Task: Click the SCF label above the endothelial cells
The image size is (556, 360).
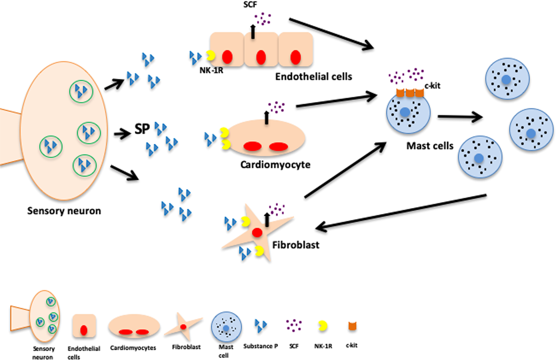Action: point(250,5)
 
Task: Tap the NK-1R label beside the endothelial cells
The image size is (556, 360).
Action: point(211,70)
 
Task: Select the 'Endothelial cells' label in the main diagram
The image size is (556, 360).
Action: point(313,77)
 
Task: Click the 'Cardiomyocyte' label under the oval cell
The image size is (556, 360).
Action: point(275,165)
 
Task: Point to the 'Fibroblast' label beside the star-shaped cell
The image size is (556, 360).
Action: point(296,245)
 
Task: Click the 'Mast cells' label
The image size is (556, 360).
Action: point(430,146)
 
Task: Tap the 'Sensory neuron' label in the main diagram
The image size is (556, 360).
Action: point(64,211)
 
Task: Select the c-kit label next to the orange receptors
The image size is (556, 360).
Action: point(432,86)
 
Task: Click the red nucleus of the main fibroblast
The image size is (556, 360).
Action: point(257,233)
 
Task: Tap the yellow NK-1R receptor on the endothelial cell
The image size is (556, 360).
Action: point(211,55)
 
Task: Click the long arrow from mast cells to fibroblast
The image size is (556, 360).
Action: point(402,211)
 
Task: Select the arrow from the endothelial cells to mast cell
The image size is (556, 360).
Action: point(331,34)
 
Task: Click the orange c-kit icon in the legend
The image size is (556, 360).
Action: point(352,326)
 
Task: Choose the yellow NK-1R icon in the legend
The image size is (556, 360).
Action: point(323,326)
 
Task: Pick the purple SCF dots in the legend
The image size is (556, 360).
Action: point(293,325)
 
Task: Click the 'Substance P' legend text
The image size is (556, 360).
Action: point(260,346)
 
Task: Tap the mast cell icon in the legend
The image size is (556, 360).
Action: point(226,327)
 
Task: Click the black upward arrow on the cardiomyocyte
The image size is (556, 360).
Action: point(266,117)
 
